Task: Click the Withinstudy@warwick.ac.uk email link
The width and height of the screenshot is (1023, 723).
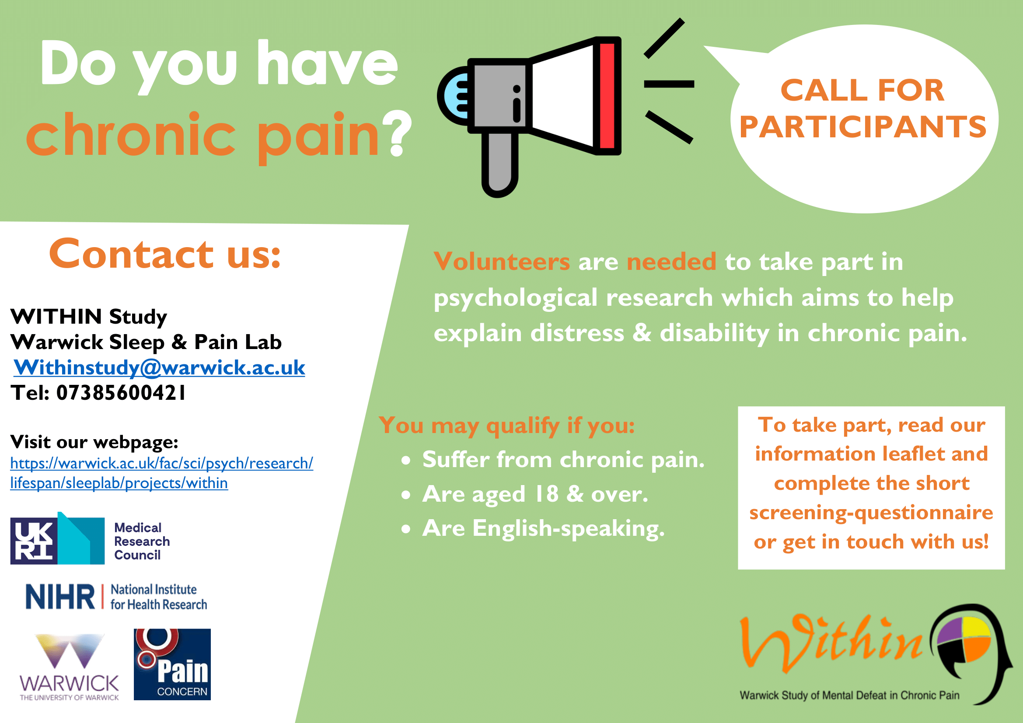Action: coord(159,368)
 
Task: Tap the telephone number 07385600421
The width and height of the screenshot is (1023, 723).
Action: coord(121,393)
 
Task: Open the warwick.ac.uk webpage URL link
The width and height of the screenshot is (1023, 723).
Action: coord(162,473)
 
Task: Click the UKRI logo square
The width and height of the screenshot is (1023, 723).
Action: coord(34,541)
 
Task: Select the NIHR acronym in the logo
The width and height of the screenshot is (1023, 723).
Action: coord(60,597)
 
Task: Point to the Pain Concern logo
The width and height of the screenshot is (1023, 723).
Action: coord(172,664)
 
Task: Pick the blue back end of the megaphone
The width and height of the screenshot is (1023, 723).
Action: coord(454,96)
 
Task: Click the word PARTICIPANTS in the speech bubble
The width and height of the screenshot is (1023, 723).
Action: coord(862,127)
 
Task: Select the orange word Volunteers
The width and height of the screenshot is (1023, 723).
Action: coord(502,261)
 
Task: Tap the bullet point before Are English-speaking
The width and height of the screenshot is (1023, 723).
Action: coord(405,529)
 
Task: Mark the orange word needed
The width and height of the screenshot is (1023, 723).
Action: coord(671,261)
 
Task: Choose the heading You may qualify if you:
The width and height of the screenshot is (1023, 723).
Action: coord(506,426)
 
